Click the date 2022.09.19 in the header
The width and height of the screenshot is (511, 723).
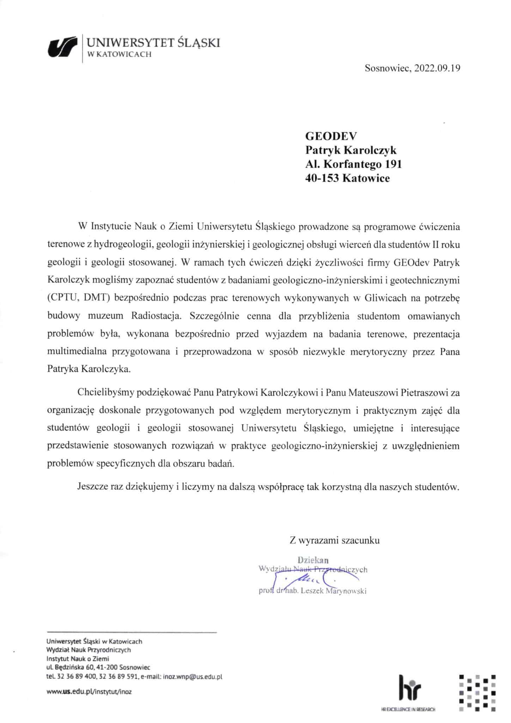(437, 68)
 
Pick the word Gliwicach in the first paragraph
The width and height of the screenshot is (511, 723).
(383, 298)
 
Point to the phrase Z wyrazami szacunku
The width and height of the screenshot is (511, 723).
(334, 540)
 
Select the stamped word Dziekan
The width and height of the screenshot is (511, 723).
(313, 560)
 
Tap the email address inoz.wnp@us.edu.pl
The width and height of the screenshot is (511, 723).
(192, 677)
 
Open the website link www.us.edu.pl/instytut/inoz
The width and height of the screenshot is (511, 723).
(89, 692)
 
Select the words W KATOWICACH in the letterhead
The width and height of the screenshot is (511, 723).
(119, 54)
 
